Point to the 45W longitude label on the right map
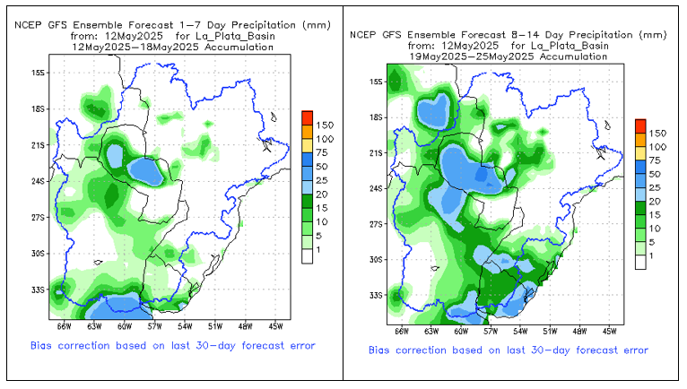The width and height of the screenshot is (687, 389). point(609,332)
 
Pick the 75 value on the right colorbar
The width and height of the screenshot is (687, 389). point(657,160)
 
